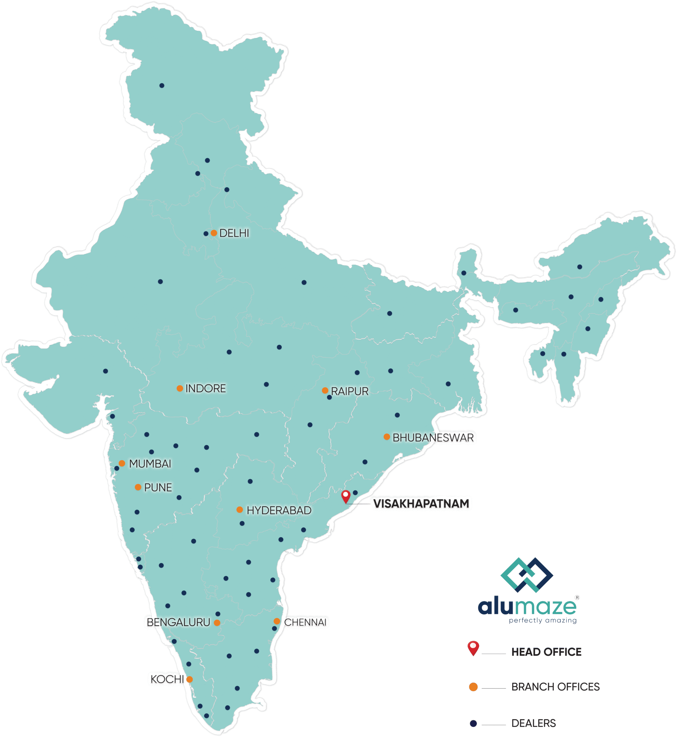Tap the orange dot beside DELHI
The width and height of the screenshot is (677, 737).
coord(214,233)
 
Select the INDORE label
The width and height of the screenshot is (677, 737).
coord(206,388)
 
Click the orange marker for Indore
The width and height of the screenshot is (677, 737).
coord(180,388)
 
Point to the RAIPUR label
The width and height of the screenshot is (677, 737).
coord(349,392)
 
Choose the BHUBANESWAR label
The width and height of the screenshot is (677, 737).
coord(433,438)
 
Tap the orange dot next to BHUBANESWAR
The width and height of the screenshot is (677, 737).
coord(387,437)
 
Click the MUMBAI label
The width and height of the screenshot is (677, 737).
coord(150,464)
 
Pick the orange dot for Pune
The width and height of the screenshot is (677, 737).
coord(138,487)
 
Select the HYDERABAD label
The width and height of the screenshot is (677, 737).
coord(279,510)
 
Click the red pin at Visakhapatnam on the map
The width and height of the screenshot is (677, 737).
coord(345,496)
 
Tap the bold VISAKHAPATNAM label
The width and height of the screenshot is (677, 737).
coord(421,504)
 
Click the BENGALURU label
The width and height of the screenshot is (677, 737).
coord(178,622)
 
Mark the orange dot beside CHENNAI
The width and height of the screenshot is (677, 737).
coord(277,621)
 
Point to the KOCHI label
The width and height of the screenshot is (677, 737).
coord(167,679)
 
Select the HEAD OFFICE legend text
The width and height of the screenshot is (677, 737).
coord(546,652)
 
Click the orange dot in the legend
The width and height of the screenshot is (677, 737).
coord(473,687)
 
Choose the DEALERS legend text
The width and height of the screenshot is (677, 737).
coord(533,723)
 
